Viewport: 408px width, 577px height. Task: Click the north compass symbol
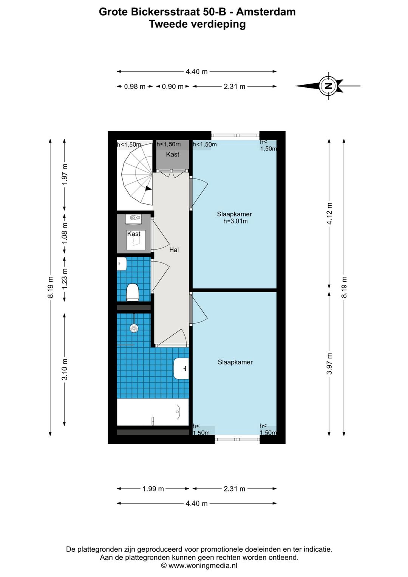(328, 86)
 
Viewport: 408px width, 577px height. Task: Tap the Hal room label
(174, 250)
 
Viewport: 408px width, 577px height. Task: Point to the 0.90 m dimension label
(173, 87)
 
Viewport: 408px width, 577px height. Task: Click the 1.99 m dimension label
(153, 489)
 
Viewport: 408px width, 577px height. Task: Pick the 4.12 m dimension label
(329, 214)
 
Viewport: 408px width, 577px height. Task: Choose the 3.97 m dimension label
(329, 363)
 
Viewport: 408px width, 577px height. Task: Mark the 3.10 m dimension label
(65, 369)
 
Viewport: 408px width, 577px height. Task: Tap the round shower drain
(134, 328)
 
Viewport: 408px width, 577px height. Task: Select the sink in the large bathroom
(181, 368)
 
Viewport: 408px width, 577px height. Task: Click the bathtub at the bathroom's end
(153, 412)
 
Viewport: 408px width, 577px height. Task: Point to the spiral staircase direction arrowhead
(148, 188)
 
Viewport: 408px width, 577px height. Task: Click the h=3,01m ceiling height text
(235, 221)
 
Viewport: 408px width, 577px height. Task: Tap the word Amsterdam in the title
(266, 12)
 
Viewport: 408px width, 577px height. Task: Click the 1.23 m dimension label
(65, 278)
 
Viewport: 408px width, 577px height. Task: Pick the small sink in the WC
(122, 264)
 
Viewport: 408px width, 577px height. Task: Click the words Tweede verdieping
(198, 24)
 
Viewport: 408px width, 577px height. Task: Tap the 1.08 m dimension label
(65, 233)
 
